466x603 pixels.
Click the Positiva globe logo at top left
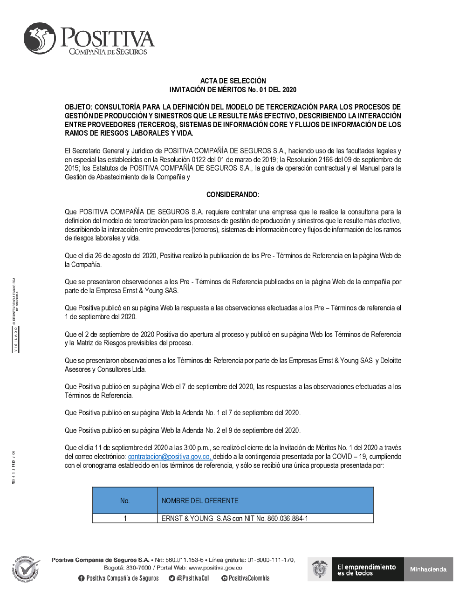pyautogui.click(x=40, y=38)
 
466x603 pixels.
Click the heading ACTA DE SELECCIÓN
pyautogui.click(x=233, y=81)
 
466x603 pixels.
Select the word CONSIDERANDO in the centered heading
pyautogui.click(x=232, y=194)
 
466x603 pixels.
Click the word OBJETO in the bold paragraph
pyautogui.click(x=78, y=107)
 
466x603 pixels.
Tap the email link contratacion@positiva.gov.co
pyautogui.click(x=170, y=457)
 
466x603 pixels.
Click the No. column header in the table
pyautogui.click(x=125, y=500)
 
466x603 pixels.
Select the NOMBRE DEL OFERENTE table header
pyautogui.click(x=200, y=500)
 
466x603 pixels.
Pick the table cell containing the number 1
pyautogui.click(x=125, y=518)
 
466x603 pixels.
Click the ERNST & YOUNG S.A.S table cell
pyautogui.click(x=234, y=518)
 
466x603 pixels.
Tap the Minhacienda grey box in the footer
pyautogui.click(x=428, y=569)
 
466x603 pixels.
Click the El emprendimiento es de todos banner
pyautogui.click(x=367, y=569)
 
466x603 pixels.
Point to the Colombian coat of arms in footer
pyautogui.click(x=319, y=569)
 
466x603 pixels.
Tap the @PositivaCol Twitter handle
pyautogui.click(x=192, y=578)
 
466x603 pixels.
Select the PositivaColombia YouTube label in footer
pyautogui.click(x=249, y=578)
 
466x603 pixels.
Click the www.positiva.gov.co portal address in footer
pyautogui.click(x=215, y=568)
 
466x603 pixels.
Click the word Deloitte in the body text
pyautogui.click(x=391, y=361)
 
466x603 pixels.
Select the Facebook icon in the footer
pyautogui.click(x=82, y=578)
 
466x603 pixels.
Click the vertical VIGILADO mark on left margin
pyautogui.click(x=15, y=339)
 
